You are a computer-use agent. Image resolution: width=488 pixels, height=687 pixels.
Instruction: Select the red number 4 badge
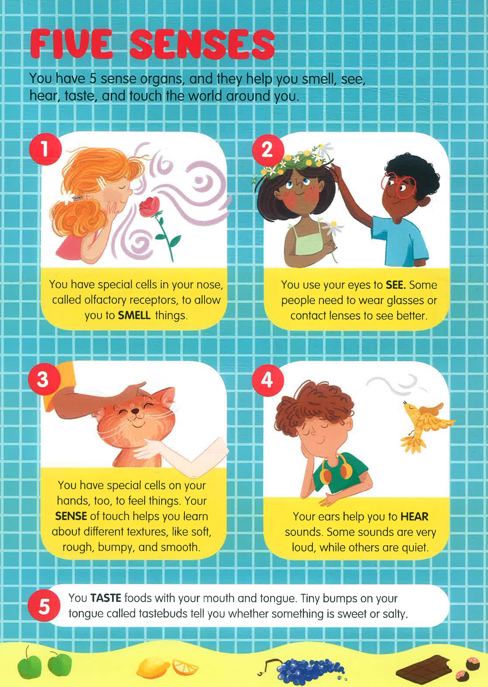click(x=267, y=379)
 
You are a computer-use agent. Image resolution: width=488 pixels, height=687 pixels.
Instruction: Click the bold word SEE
click(x=396, y=285)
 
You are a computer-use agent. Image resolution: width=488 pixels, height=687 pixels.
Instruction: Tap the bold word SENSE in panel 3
click(x=71, y=516)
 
